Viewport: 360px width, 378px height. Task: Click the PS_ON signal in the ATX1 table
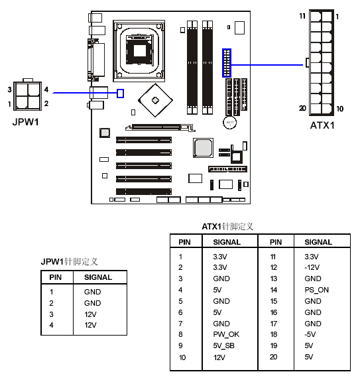click(316, 290)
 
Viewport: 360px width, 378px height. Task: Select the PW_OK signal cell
click(226, 335)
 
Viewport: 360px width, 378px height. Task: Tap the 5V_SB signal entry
click(223, 346)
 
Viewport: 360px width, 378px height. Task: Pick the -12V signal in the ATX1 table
click(312, 267)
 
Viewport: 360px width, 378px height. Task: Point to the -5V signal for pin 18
click(310, 335)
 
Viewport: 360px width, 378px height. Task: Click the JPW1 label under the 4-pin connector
click(26, 122)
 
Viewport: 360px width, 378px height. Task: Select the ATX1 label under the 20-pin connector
click(322, 125)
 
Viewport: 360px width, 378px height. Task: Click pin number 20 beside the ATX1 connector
click(302, 109)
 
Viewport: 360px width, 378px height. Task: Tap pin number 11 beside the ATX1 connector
click(302, 16)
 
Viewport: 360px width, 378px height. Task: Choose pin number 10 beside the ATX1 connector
click(339, 109)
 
